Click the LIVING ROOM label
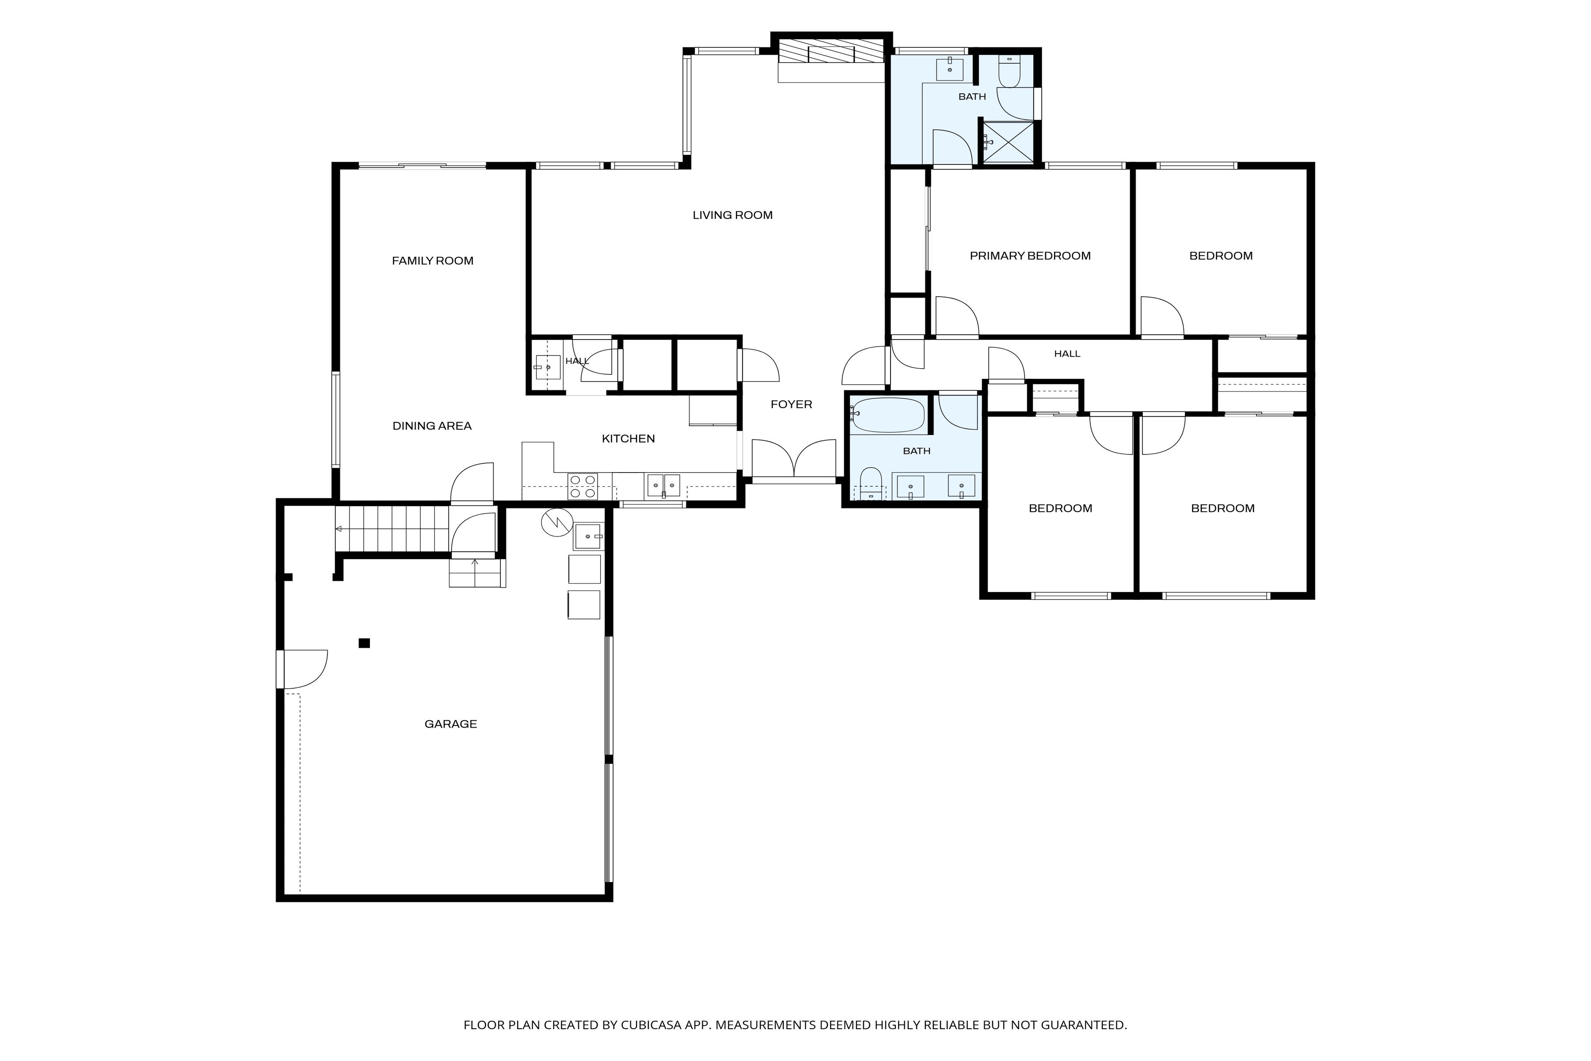click(x=733, y=215)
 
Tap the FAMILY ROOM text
click(x=433, y=260)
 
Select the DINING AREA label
click(x=432, y=426)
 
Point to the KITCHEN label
click(x=628, y=439)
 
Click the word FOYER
click(x=792, y=404)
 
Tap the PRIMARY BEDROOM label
click(x=1030, y=256)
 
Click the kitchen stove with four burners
click(x=582, y=486)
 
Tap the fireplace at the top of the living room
click(x=831, y=51)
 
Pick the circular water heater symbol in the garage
click(x=557, y=523)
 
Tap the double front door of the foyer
click(x=794, y=460)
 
